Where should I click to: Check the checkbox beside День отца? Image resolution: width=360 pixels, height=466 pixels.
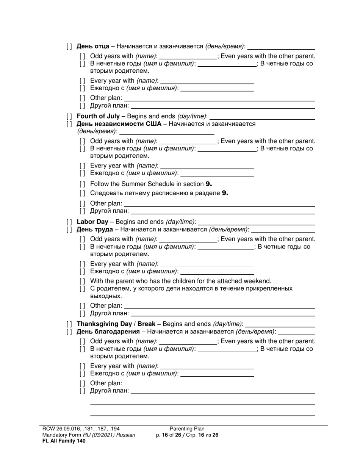coord(69,47)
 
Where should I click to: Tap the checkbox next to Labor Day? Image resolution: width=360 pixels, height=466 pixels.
coord(69,222)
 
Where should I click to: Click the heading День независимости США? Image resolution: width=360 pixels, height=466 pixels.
coord(119,124)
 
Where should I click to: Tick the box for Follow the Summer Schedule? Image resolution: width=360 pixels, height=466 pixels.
coord(83,184)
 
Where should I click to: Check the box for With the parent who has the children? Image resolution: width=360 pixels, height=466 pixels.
coord(83,281)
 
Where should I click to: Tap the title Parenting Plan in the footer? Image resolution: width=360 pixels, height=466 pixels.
coord(187,429)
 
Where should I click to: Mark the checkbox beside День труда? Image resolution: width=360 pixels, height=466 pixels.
coord(69,230)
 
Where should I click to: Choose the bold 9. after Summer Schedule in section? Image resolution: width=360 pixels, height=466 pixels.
coord(208,184)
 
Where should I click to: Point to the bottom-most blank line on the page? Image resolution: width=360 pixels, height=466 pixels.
coord(202,415)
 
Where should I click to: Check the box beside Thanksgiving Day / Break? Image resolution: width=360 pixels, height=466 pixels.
coord(69,324)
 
